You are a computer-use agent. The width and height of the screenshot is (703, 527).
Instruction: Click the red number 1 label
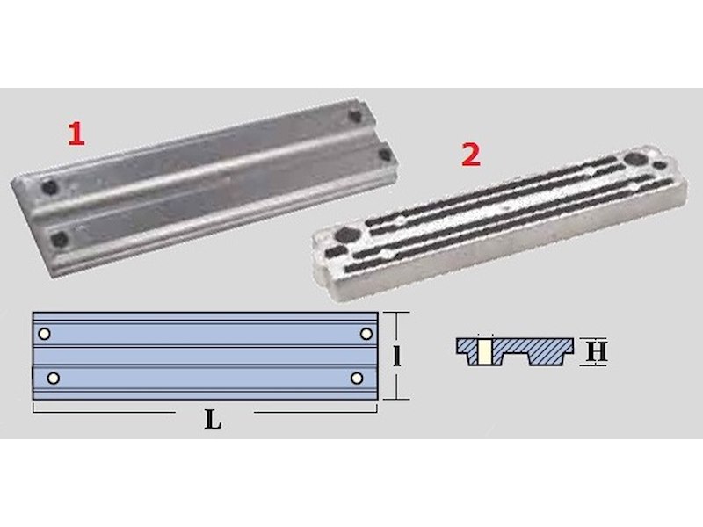pyautogui.click(x=76, y=134)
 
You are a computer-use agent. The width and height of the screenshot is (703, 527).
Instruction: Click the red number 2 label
pyautogui.click(x=471, y=155)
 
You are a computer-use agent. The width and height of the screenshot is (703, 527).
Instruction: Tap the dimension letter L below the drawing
pyautogui.click(x=213, y=420)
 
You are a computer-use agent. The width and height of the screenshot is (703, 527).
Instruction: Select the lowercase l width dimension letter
pyautogui.click(x=396, y=357)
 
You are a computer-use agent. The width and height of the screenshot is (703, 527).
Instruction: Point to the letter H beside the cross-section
pyautogui.click(x=597, y=351)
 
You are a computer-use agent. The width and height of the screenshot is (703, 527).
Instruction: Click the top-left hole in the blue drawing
pyautogui.click(x=44, y=334)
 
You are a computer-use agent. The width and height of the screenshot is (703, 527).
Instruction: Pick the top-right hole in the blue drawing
pyautogui.click(x=366, y=334)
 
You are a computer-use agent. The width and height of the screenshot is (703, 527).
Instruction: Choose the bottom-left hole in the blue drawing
pyautogui.click(x=53, y=379)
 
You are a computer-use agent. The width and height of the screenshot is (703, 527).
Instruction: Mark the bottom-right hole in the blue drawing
pyautogui.click(x=357, y=379)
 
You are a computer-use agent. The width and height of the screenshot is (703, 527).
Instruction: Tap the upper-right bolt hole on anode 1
pyautogui.click(x=355, y=116)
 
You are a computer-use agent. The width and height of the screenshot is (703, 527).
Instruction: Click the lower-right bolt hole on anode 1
pyautogui.click(x=385, y=155)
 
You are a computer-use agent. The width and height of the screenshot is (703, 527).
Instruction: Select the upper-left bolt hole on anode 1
pyautogui.click(x=49, y=187)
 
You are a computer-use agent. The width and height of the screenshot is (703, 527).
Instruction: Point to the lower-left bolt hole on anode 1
pyautogui.click(x=60, y=239)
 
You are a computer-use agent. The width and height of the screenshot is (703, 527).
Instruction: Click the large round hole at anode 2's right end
pyautogui.click(x=634, y=159)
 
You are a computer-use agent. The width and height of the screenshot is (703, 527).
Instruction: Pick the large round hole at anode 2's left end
pyautogui.click(x=345, y=234)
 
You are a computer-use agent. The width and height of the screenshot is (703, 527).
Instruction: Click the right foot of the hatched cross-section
pyautogui.click(x=545, y=358)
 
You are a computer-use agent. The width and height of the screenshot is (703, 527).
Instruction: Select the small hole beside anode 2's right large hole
pyautogui.click(x=659, y=165)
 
